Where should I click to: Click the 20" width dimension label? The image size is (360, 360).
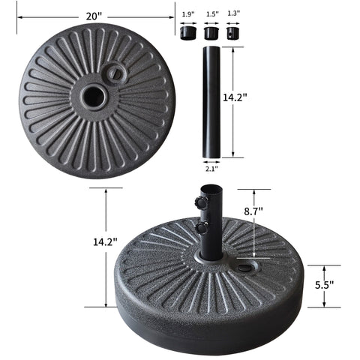click(93, 15)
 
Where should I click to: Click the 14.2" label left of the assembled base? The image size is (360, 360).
click(106, 241)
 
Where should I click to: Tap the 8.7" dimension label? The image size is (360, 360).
click(274, 211)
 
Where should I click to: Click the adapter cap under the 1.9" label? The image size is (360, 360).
click(188, 33)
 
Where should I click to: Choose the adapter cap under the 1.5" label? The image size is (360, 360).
click(211, 33)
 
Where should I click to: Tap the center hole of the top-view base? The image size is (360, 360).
click(94, 97)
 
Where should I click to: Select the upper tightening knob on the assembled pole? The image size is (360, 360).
click(199, 202)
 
